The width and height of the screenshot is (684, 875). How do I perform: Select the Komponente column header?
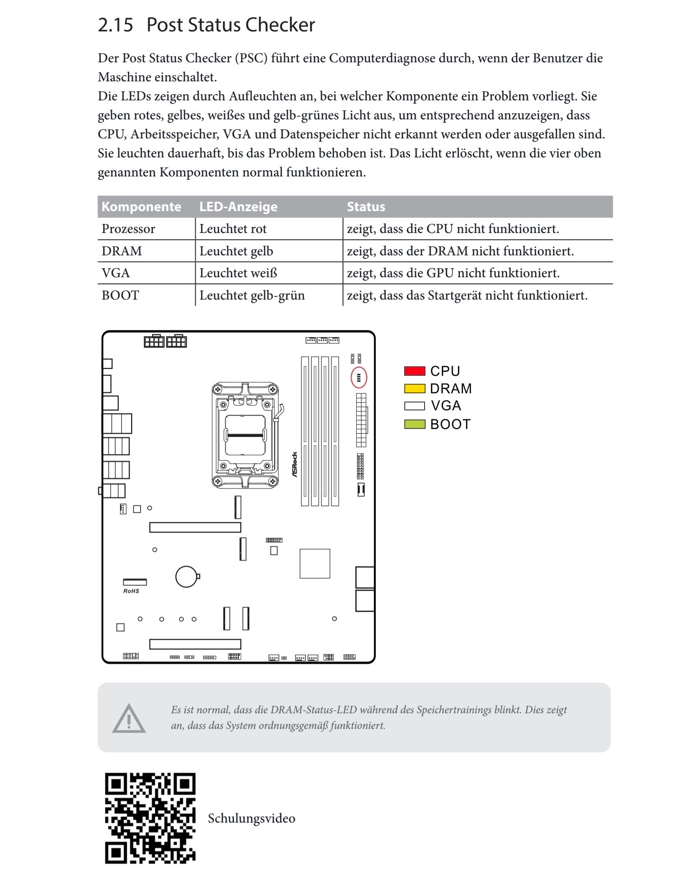tap(141, 207)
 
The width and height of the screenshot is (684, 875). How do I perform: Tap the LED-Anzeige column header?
tap(238, 207)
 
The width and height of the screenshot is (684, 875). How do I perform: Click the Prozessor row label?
tap(128, 229)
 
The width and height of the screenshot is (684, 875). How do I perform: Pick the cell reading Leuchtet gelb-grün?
tap(252, 296)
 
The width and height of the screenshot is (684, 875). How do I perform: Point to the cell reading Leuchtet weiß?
tap(238, 273)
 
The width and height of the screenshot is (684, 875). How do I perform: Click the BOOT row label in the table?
tap(120, 296)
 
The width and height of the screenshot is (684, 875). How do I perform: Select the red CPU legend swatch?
tap(414, 371)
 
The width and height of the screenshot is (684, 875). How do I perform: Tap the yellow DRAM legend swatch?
tap(414, 389)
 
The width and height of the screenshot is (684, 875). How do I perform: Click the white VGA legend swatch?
tap(414, 406)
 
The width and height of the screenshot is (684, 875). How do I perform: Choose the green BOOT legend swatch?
tap(414, 424)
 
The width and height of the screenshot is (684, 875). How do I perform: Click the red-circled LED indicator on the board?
tap(359, 378)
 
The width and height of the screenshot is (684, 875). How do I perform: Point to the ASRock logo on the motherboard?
tap(294, 465)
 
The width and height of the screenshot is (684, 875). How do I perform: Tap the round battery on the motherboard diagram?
tap(186, 577)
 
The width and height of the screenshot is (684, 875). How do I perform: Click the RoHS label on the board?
tap(131, 591)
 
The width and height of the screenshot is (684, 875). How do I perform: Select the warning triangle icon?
tap(129, 719)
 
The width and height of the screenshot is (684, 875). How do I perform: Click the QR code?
tap(150, 818)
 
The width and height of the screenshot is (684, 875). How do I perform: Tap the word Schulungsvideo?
tap(251, 818)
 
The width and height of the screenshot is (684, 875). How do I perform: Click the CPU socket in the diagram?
tap(245, 435)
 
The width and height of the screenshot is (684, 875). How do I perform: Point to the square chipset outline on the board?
tap(314, 564)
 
